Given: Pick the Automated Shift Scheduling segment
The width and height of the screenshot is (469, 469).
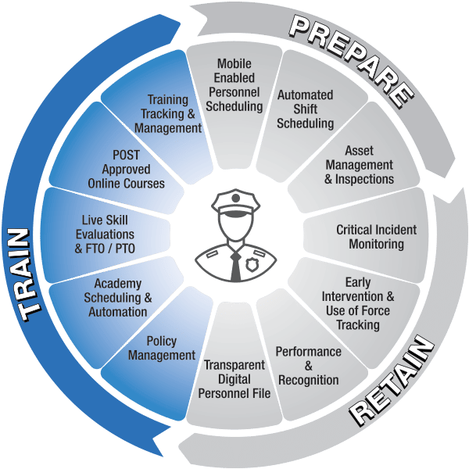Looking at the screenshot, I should coord(306,109).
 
